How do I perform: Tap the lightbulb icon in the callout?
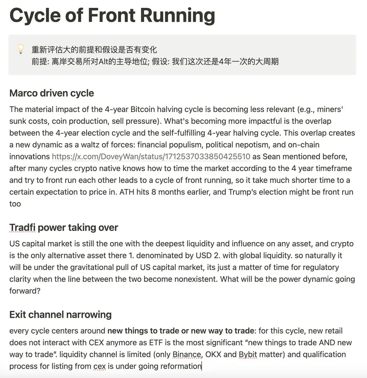[x=20, y=49]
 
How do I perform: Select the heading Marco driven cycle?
[x=52, y=93]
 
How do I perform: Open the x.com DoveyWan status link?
[x=151, y=157]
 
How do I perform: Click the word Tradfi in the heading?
[x=22, y=227]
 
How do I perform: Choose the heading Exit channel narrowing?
[x=60, y=314]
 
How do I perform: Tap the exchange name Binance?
[x=187, y=354]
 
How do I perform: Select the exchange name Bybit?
[x=248, y=354]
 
